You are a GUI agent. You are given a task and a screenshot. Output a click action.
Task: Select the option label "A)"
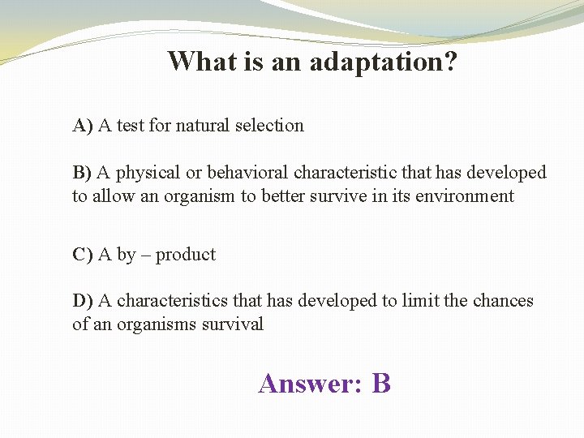(83, 126)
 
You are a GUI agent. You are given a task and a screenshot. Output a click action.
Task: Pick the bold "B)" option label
(83, 173)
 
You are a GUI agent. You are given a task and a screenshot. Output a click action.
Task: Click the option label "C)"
(83, 255)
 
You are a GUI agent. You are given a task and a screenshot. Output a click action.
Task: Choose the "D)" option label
(83, 301)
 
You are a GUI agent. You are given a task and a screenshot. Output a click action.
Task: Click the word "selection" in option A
(269, 126)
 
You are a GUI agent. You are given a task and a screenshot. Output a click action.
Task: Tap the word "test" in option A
(131, 126)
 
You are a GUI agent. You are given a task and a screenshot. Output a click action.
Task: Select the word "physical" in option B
(151, 174)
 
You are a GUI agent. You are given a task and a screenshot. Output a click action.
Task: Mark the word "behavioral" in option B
(248, 173)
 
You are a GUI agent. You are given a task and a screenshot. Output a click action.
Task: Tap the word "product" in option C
(186, 255)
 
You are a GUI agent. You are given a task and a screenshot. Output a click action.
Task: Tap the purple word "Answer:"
(310, 383)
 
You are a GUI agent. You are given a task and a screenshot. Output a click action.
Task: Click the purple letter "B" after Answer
(381, 383)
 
